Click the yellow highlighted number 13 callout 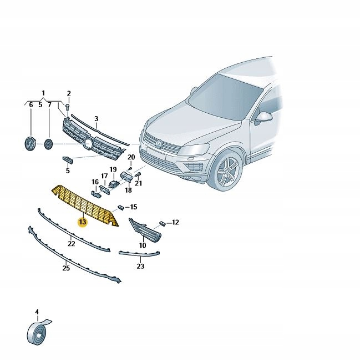pyautogui.click(x=83, y=222)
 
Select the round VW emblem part pyautogui.click(x=30, y=144)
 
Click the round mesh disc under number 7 pyautogui.click(x=48, y=144)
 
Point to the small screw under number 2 pyautogui.click(x=68, y=107)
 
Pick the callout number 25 pyautogui.click(x=66, y=268)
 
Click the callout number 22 pyautogui.click(x=71, y=243)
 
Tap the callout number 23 pyautogui.click(x=140, y=266)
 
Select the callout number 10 pyautogui.click(x=143, y=245)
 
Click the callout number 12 pyautogui.click(x=175, y=222)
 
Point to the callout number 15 pyautogui.click(x=134, y=207)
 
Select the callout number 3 pyautogui.click(x=97, y=119)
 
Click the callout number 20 pyautogui.click(x=131, y=157)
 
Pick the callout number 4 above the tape pyautogui.click(x=37, y=312)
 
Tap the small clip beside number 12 pyautogui.click(x=163, y=223)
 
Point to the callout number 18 pyautogui.click(x=128, y=190)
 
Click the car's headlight pyautogui.click(x=194, y=149)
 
